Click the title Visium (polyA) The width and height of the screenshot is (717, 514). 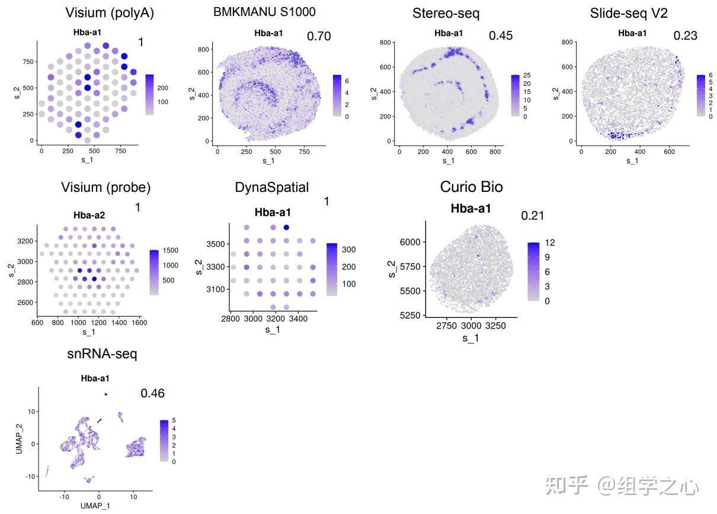click(x=110, y=13)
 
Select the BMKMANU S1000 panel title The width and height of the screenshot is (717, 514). click(x=264, y=12)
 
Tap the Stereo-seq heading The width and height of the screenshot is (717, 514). click(x=446, y=13)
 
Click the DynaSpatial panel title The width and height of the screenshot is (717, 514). click(x=272, y=188)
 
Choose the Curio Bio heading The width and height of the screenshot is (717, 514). click(x=471, y=187)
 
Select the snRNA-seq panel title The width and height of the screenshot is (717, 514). click(x=102, y=354)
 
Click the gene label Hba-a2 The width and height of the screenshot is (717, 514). click(x=89, y=215)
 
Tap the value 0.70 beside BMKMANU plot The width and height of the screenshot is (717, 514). click(x=319, y=36)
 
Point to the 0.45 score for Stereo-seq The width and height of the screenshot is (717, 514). click(x=501, y=36)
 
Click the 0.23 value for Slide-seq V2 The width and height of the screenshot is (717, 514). click(x=686, y=36)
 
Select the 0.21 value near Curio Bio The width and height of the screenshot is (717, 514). click(x=533, y=216)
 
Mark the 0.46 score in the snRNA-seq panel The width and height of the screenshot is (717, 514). click(x=152, y=393)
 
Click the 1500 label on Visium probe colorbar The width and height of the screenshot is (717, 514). click(x=170, y=250)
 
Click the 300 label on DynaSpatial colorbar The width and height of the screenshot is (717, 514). click(x=348, y=249)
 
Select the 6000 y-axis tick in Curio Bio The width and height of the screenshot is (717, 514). click(x=410, y=242)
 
